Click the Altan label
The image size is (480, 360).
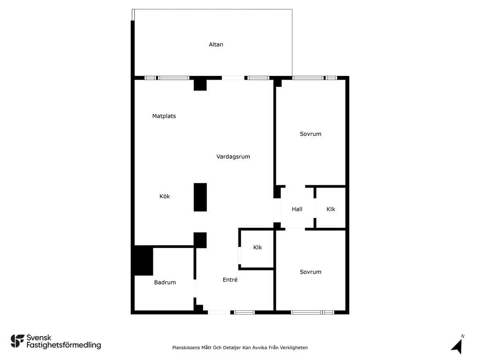tap(216, 45)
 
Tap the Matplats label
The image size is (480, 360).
tap(164, 116)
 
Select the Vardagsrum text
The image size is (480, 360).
tap(233, 157)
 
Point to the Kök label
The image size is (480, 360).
tap(165, 196)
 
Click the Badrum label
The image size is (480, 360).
tap(165, 282)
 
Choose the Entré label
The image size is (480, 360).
tap(230, 279)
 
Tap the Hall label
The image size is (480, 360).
tap(297, 209)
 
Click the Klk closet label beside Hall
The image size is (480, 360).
tap(331, 209)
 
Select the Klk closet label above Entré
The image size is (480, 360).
tap(258, 247)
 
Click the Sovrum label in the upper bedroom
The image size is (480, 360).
tap(311, 134)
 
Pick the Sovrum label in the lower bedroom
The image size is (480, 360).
tap(311, 272)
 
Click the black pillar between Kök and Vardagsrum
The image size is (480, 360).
tap(200, 197)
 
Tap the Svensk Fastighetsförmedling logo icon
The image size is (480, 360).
tap(17, 341)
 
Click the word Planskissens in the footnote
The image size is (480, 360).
tap(186, 347)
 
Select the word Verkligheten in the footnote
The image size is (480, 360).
tap(294, 347)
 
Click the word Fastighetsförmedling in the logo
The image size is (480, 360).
tap(64, 345)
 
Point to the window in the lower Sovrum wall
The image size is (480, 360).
tap(313, 312)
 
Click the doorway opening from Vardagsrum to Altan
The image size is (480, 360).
tap(233, 78)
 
